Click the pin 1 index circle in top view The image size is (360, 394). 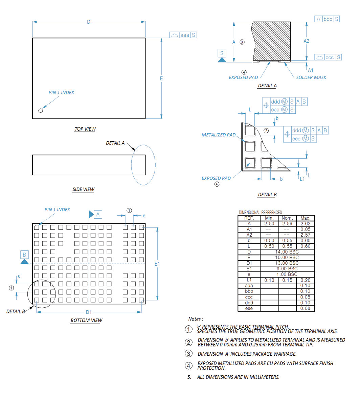point(41,111)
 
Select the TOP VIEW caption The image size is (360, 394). point(85,129)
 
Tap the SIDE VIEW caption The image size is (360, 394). point(83,189)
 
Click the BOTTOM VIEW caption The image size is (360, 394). point(86,320)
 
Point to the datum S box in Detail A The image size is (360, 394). point(222,53)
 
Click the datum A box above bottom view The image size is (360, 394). point(98,214)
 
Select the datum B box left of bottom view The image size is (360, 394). point(24,254)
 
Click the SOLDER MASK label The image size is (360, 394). point(311,78)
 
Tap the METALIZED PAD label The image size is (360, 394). point(219,135)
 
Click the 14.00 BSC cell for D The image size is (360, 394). point(287,252)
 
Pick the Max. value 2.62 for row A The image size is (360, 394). point(305,224)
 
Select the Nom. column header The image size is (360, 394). point(287,218)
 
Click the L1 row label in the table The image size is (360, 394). point(249,280)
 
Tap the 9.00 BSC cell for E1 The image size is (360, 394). point(287,269)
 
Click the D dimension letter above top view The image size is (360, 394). point(89,22)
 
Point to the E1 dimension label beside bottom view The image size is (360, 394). point(157,264)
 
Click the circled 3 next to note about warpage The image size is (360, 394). point(188,354)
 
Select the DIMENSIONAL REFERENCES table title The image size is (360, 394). point(260,212)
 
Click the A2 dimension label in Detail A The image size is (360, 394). point(306,41)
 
